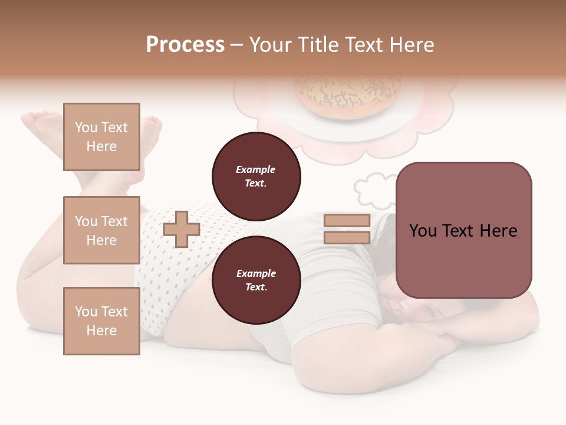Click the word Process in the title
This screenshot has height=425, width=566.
point(185,45)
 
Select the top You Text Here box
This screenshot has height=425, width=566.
point(101,137)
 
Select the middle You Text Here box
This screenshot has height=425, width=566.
point(101,230)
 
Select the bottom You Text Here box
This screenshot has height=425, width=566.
point(101,321)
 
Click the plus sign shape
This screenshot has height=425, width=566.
point(181,229)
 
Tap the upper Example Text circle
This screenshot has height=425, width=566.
point(256,176)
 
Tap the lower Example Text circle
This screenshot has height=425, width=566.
point(256,280)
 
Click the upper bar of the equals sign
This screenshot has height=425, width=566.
point(347,221)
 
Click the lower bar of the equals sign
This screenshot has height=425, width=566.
point(347,237)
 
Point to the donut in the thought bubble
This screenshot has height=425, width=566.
point(348,94)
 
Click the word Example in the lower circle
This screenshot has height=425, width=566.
point(256,273)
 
